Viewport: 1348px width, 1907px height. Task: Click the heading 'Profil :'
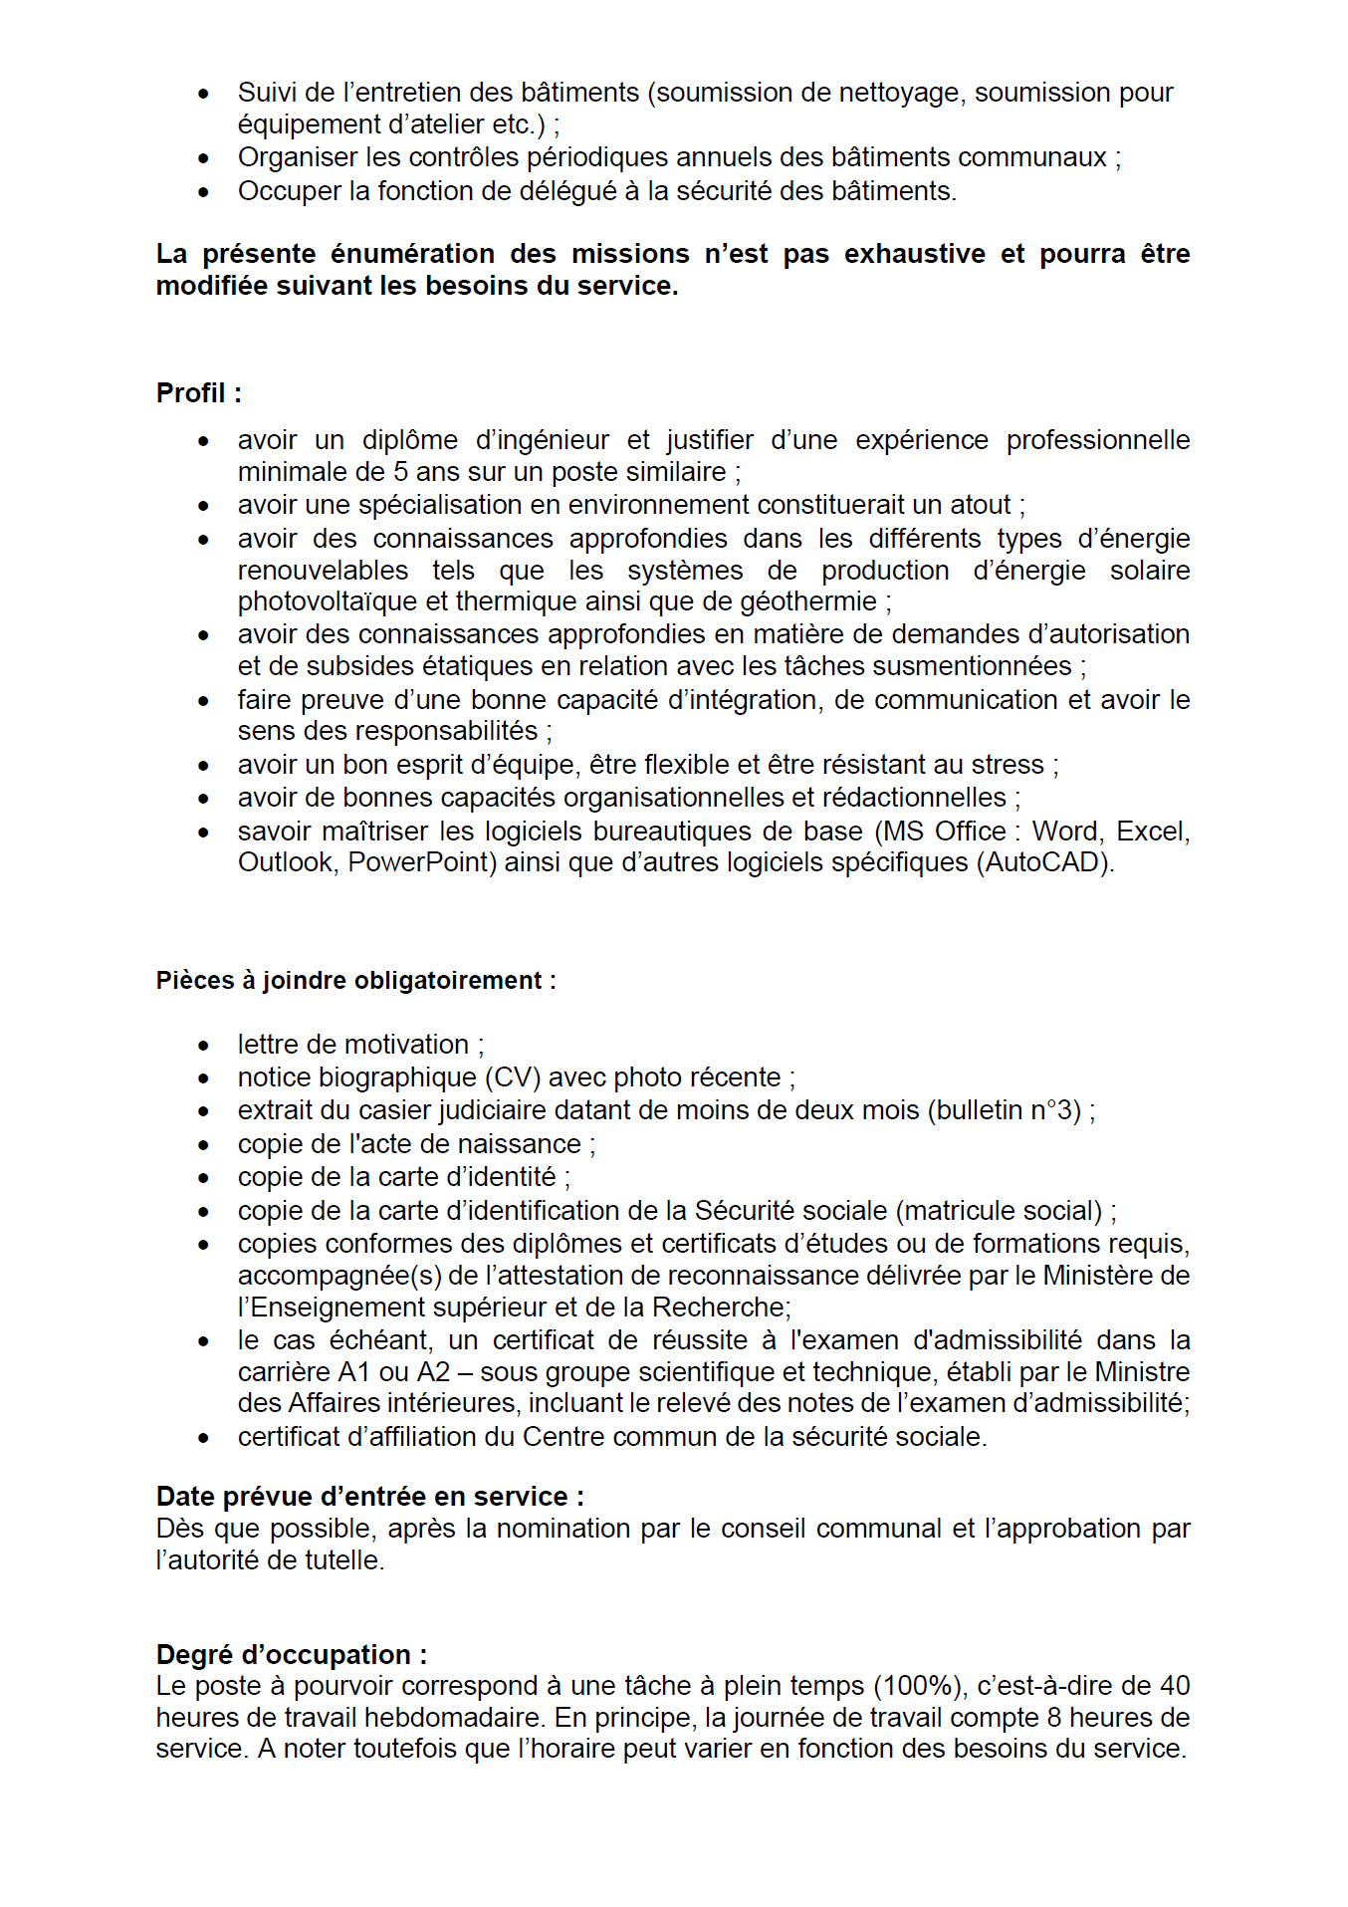[x=199, y=393]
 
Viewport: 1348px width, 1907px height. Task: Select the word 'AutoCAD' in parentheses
[x=1046, y=862]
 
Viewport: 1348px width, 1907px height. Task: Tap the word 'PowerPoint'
[x=421, y=862]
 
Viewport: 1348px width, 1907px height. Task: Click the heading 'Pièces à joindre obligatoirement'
[x=355, y=981]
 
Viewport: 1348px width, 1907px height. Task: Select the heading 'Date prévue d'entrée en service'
[x=369, y=1497]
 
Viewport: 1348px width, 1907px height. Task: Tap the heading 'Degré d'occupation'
[x=291, y=1655]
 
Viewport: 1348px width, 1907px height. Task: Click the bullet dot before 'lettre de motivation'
[x=204, y=1046]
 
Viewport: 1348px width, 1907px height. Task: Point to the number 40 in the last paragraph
[x=1175, y=1686]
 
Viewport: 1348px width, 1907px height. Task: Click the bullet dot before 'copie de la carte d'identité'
[x=204, y=1178]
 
